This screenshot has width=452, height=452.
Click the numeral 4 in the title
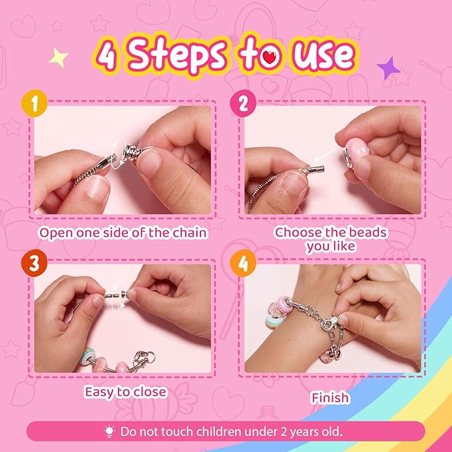(x=108, y=56)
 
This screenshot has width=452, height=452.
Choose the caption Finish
(x=330, y=397)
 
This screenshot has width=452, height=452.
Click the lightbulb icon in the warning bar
(x=110, y=431)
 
